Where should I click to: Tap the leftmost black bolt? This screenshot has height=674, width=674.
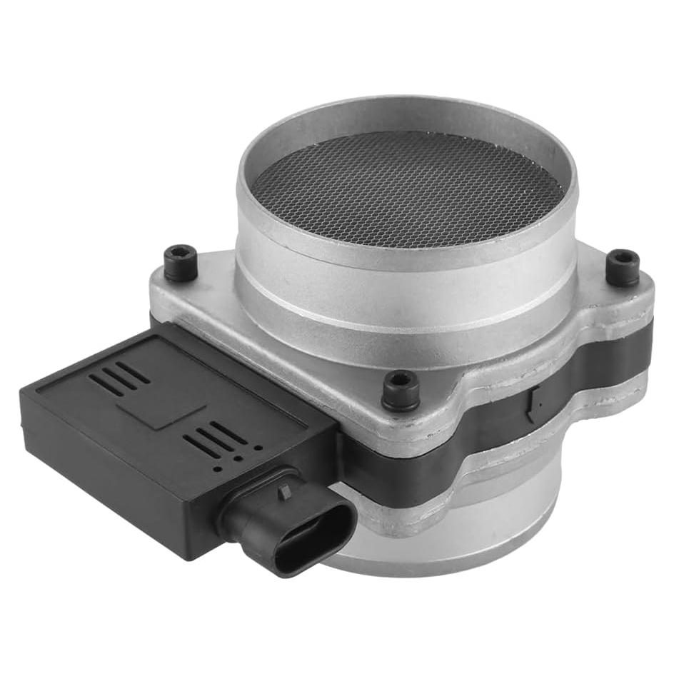180,263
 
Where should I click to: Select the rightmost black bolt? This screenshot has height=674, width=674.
623,267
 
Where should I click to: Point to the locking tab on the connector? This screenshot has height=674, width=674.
285,491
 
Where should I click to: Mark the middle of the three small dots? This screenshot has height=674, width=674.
238,458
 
